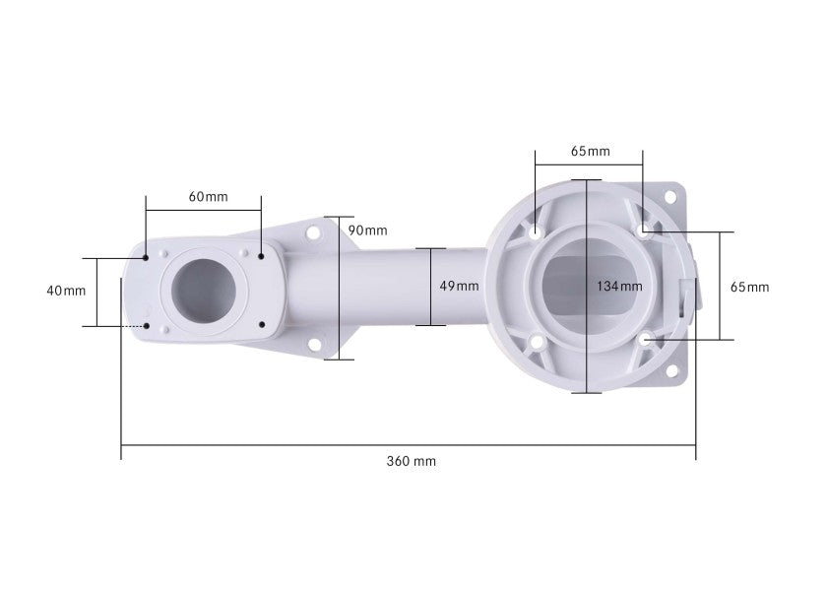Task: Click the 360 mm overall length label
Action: click(411, 461)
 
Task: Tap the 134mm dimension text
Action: click(619, 287)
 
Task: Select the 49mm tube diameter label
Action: click(459, 286)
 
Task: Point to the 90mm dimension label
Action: click(367, 230)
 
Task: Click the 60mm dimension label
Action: click(209, 197)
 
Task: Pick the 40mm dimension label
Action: click(66, 291)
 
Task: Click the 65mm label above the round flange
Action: click(590, 152)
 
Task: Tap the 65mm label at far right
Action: click(749, 287)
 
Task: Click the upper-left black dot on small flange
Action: click(146, 257)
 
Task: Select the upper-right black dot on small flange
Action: click(261, 256)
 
